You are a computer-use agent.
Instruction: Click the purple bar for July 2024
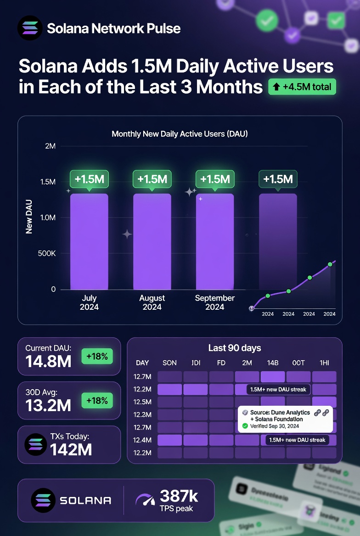click(x=89, y=241)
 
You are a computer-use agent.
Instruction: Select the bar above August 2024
click(x=152, y=241)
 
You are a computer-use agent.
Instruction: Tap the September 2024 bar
click(x=215, y=241)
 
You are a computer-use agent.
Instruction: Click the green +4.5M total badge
click(x=302, y=86)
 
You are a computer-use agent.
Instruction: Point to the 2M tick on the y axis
click(x=50, y=146)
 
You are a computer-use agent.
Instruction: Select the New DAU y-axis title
click(x=29, y=216)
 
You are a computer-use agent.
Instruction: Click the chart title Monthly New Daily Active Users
click(x=180, y=134)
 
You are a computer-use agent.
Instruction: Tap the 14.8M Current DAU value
click(x=48, y=361)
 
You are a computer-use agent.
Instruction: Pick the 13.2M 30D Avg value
click(x=48, y=405)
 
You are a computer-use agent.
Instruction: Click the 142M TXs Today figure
click(x=71, y=449)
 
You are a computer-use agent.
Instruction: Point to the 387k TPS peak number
click(x=179, y=496)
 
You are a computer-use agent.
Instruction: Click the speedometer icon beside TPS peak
click(x=145, y=499)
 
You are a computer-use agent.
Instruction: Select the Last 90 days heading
click(x=234, y=348)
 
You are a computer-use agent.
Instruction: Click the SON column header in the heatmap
click(x=169, y=363)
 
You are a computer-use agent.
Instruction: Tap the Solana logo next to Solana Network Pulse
click(x=29, y=28)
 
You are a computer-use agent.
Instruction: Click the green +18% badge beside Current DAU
click(x=96, y=356)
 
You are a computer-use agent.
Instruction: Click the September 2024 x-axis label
click(x=214, y=302)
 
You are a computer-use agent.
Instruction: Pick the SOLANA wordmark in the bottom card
click(x=85, y=500)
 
